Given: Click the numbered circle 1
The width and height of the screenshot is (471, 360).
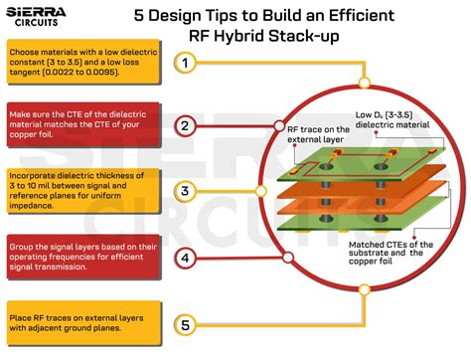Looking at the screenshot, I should tap(185, 64).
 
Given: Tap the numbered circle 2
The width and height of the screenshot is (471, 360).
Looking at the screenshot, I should tap(185, 126).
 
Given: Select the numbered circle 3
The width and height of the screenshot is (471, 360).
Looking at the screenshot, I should tap(185, 190).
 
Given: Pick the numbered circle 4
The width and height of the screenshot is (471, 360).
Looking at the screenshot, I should tap(185, 259).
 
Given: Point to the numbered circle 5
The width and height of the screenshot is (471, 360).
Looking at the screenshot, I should tap(185, 323).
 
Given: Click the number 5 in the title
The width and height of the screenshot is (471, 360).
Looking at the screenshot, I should tap(140, 16).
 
